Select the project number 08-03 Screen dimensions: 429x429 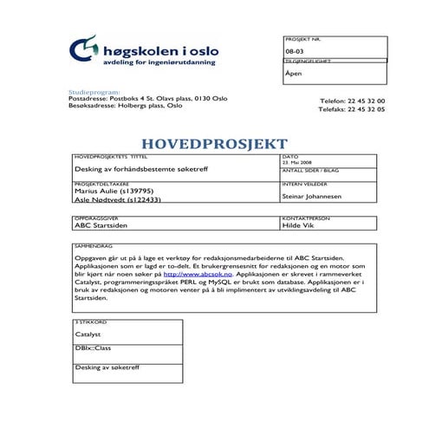294,54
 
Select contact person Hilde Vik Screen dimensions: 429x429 297,224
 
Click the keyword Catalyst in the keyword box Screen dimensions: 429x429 88,334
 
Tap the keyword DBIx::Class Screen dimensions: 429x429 94,348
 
